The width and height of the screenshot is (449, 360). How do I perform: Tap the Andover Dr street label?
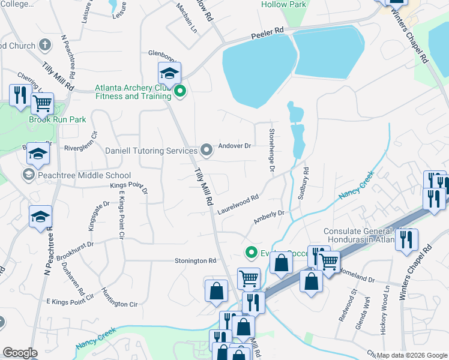click(235, 146)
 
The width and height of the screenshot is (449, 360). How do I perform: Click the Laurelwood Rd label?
click(238, 204)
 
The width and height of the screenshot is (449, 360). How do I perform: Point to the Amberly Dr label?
click(268, 217)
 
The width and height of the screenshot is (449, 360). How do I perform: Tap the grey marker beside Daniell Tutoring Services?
click(206, 149)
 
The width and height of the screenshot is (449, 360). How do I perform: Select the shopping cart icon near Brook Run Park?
click(42, 103)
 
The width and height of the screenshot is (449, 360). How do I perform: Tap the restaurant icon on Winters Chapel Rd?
click(407, 240)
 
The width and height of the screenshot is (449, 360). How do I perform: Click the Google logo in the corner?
click(20, 353)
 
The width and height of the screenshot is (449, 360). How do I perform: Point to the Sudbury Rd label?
click(306, 179)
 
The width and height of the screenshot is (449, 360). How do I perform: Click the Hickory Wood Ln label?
click(385, 310)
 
